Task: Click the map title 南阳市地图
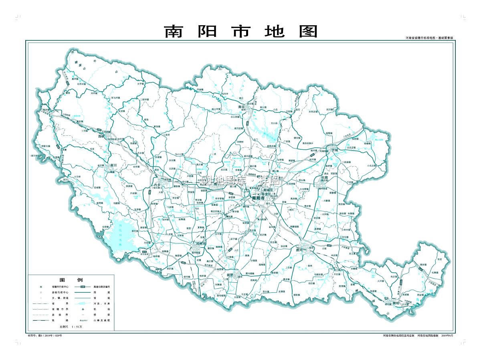pyautogui.click(x=241, y=31)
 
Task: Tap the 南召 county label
pyautogui.click(x=241, y=107)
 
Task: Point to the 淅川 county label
pyautogui.click(x=113, y=165)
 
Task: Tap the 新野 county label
pyautogui.click(x=230, y=275)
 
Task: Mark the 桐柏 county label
pyautogui.click(x=396, y=303)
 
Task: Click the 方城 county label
pyautogui.click(x=335, y=149)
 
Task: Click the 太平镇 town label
pyautogui.click(x=140, y=84)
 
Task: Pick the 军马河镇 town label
pyautogui.click(x=116, y=97)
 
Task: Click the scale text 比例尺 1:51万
pyautogui.click(x=71, y=327)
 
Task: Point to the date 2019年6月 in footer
pyautogui.click(x=447, y=335)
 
